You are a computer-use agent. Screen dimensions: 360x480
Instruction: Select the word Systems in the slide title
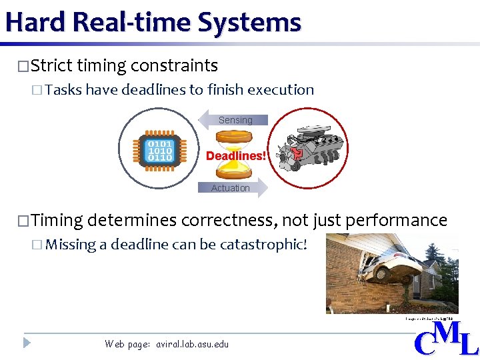256,22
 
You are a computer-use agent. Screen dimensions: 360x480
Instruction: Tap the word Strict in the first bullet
51,66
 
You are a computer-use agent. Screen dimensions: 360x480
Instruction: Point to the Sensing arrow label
235,120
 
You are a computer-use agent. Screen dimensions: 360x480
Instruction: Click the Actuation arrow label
231,188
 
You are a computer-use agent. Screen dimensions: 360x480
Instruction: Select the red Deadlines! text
235,155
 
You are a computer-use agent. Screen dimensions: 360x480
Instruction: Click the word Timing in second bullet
57,220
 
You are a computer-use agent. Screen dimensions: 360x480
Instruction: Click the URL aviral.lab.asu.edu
192,344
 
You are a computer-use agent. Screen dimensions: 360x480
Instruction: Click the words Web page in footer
127,344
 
